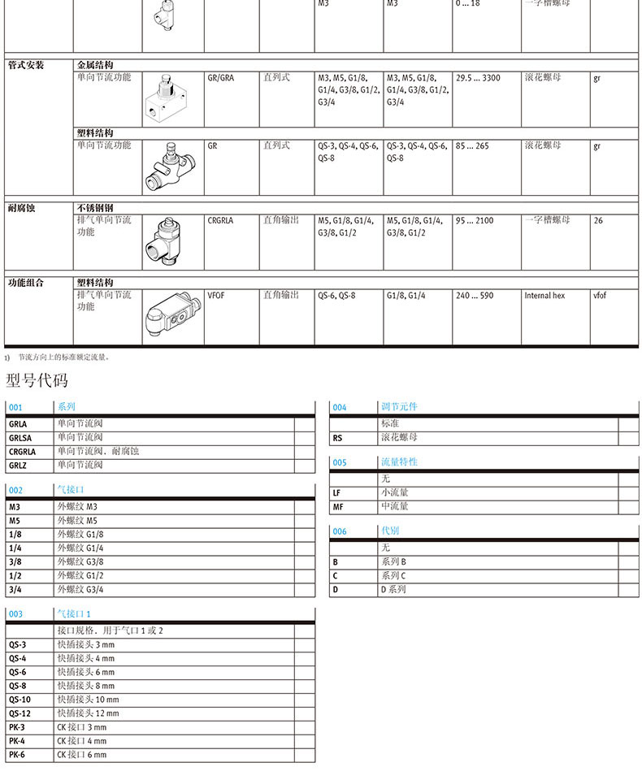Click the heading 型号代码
pos(37,380)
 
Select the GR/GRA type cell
pos(221,78)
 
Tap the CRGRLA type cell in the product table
pos(220,220)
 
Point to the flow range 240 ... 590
pos(475,296)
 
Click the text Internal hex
pos(544,296)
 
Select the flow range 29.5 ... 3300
pos(478,78)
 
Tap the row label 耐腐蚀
pos(22,208)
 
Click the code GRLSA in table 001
pos(20,437)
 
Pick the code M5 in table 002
pos(15,520)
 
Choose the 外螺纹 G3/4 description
pos(80,589)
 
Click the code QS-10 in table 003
pos(20,699)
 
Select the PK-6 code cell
pos(17,755)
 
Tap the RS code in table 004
pos(338,437)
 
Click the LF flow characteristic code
pos(337,492)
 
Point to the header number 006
pos(340,531)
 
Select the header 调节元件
pos(399,406)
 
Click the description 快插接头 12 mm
pos(88,713)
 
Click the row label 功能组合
pos(26,283)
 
